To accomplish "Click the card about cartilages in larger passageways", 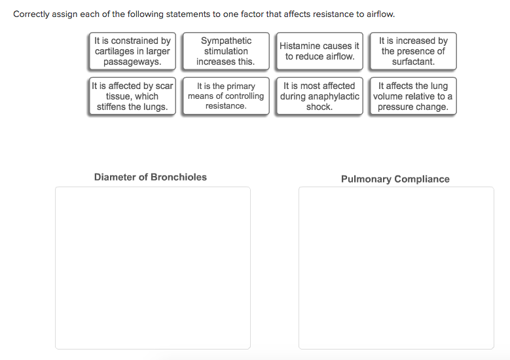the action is click(132, 51).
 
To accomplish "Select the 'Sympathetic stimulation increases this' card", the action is click(226, 51).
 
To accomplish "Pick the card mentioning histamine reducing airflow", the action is click(319, 51).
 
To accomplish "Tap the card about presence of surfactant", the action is click(413, 51).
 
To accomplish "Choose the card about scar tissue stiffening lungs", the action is click(132, 96).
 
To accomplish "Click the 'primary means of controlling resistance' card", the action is click(226, 96).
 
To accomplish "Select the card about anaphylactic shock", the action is click(319, 96).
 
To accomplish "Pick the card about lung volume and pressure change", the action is click(413, 96).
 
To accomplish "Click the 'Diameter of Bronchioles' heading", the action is click(151, 177).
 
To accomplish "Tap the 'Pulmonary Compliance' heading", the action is click(395, 179).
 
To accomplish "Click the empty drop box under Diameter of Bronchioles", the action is click(153, 268).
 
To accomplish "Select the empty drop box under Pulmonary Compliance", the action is click(396, 268).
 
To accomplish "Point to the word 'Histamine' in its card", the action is click(299, 46).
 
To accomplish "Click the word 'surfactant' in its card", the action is click(413, 62).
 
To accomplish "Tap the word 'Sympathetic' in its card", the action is click(226, 41).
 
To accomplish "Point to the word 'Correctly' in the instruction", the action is click(31, 14).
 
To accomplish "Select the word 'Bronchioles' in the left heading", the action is click(179, 177).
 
